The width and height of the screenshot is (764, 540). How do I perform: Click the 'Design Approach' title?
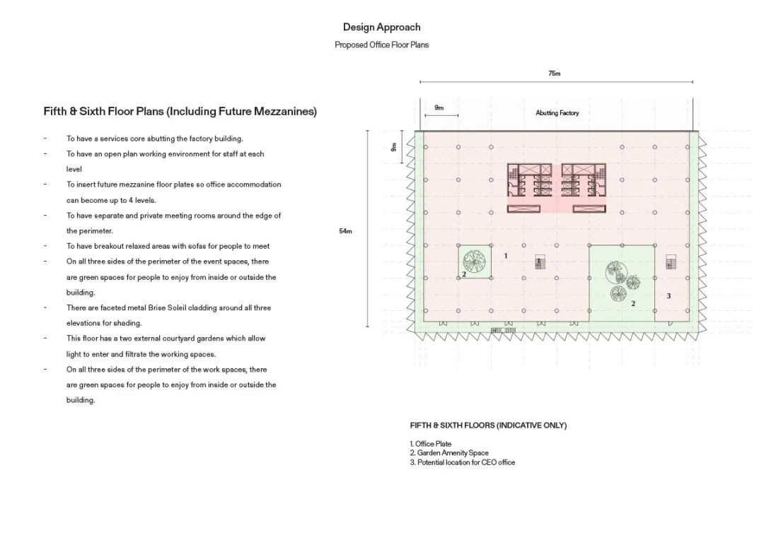click(x=381, y=28)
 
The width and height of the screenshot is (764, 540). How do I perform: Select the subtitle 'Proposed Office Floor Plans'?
click(x=381, y=45)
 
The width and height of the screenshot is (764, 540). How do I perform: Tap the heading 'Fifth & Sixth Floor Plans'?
click(x=180, y=112)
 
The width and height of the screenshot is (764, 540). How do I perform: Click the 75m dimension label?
click(x=554, y=74)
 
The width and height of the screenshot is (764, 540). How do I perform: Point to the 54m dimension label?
click(x=345, y=231)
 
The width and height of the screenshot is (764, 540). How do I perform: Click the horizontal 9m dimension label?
click(x=439, y=108)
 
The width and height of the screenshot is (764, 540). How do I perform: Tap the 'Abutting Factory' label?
click(x=557, y=113)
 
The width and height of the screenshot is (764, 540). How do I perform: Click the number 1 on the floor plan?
click(x=505, y=255)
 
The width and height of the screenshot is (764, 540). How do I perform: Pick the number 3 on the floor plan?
click(x=668, y=296)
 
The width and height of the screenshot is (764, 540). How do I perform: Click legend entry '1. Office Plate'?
click(x=430, y=444)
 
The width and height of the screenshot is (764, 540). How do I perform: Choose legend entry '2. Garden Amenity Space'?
click(x=448, y=453)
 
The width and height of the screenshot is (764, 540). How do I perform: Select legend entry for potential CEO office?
click(x=462, y=462)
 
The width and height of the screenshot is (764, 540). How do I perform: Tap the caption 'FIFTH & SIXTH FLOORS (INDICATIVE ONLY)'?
click(x=488, y=425)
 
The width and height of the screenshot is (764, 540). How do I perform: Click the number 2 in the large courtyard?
click(x=633, y=304)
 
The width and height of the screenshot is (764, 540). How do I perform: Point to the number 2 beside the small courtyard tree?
click(x=464, y=274)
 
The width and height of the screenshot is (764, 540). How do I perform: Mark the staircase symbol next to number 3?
click(x=671, y=263)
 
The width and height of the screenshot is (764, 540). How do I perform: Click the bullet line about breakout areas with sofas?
click(x=168, y=247)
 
